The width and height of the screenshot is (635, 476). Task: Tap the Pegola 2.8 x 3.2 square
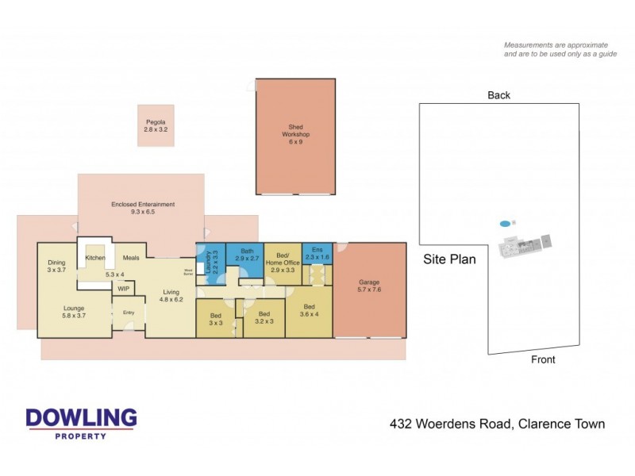pos(156,125)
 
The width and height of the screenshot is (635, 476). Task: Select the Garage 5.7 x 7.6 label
pos(370,286)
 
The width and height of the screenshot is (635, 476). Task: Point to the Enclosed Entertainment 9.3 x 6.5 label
pos(143,209)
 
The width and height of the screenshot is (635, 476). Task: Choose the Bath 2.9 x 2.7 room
pos(244,254)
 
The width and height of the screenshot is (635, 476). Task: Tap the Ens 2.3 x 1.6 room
pos(317,254)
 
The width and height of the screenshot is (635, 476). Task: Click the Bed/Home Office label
pos(283,263)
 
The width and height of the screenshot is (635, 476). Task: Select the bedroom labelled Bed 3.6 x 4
pos(309,311)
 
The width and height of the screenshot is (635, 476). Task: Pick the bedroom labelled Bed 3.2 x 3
pos(264,317)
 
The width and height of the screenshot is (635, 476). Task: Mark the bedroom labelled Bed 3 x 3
pos(216,319)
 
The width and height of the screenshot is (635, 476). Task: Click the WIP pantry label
pos(123,289)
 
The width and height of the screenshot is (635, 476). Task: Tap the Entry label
pos(129,313)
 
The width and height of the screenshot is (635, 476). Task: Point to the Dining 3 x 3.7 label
pos(56,267)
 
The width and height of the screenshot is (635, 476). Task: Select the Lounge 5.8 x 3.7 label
pos(74,313)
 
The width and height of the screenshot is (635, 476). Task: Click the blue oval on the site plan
pos(505,224)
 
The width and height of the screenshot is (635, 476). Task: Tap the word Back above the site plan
pos(498,95)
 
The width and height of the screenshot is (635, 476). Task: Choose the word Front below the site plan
pos(543,359)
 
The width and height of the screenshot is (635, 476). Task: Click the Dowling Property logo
pos(81,423)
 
